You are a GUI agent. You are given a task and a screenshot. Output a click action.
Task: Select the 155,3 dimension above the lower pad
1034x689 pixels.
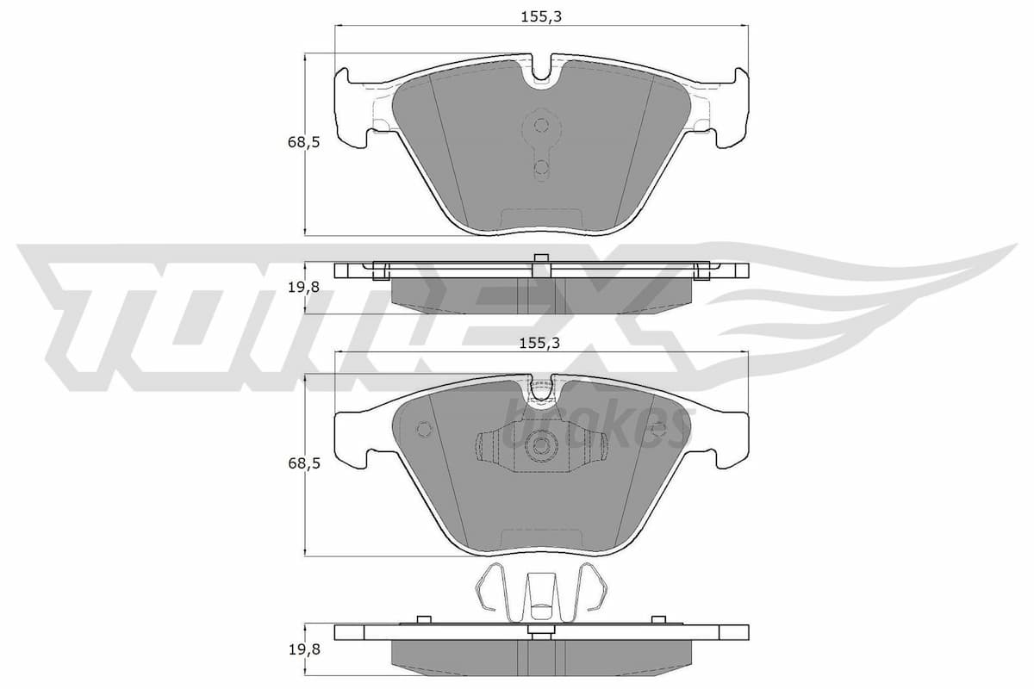click(541, 343)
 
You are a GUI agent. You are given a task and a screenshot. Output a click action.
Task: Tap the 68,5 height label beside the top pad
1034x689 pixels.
click(303, 143)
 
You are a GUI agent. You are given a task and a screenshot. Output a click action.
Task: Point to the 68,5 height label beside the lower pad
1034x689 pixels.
click(303, 463)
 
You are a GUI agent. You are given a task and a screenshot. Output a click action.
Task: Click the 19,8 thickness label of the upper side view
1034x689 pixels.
click(303, 288)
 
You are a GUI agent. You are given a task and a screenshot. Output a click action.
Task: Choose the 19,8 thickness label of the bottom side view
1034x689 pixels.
click(303, 650)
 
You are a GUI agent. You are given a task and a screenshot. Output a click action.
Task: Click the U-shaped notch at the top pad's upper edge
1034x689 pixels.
click(541, 72)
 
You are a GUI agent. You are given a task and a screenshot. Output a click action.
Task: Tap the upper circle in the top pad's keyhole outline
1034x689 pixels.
click(541, 126)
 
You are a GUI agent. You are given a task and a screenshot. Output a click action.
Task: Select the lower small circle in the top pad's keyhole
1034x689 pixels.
click(541, 167)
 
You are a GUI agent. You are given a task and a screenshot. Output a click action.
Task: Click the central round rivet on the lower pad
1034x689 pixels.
click(541, 445)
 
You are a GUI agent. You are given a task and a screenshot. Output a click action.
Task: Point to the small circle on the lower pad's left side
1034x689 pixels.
click(423, 429)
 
